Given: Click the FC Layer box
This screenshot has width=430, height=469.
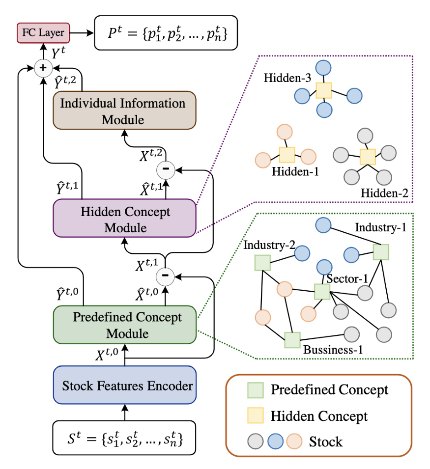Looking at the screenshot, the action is pyautogui.click(x=43, y=33).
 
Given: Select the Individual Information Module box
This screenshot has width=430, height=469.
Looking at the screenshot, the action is pyautogui.click(x=124, y=110).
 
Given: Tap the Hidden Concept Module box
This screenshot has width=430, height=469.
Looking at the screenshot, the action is pyautogui.click(x=124, y=219).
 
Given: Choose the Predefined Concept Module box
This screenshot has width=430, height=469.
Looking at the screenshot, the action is pyautogui.click(x=125, y=325).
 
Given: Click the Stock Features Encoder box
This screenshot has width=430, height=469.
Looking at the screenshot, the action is pyautogui.click(x=125, y=385).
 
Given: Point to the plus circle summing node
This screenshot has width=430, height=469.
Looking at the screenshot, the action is pyautogui.click(x=43, y=68).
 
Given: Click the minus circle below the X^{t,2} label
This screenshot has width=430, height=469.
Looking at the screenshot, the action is pyautogui.click(x=166, y=170).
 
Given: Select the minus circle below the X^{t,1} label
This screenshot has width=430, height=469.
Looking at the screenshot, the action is pyautogui.click(x=165, y=276).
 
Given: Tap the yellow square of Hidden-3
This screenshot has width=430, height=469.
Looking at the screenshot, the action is pyautogui.click(x=324, y=90).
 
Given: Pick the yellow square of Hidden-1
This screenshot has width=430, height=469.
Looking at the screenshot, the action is pyautogui.click(x=287, y=155).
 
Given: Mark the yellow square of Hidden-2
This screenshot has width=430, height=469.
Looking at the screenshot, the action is pyautogui.click(x=368, y=157).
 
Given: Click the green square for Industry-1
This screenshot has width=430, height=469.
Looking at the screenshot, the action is pyautogui.click(x=381, y=252).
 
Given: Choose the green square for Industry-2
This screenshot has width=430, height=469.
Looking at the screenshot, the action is pyautogui.click(x=262, y=263).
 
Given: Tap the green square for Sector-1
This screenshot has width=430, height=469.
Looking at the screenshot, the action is pyautogui.click(x=322, y=292).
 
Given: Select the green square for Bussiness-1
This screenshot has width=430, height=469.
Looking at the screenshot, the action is pyautogui.click(x=292, y=340).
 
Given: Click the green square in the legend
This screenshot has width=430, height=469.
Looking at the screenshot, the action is pyautogui.click(x=256, y=390).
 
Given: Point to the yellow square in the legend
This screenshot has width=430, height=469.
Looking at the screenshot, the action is pyautogui.click(x=256, y=415).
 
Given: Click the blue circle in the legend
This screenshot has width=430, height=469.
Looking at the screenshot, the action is pyautogui.click(x=275, y=441).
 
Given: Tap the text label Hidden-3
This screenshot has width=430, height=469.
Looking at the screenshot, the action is pyautogui.click(x=287, y=78).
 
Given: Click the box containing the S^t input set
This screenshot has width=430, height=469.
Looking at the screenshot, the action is pyautogui.click(x=124, y=438).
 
